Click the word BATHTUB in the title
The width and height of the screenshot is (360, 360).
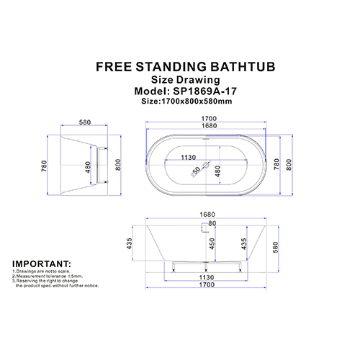coord(243,66)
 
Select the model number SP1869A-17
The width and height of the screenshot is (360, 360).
coord(205,91)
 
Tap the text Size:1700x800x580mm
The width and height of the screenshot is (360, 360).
coord(186,101)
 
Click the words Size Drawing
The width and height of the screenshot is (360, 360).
coord(185,80)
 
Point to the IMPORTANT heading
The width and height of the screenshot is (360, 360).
coord(42,264)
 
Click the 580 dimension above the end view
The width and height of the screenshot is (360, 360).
coord(85,122)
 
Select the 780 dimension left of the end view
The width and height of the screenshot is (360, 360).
coord(44,166)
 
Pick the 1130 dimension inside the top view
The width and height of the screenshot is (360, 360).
coord(189,158)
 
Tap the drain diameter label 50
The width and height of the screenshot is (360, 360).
coord(196,171)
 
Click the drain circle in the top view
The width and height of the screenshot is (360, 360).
coord(206,165)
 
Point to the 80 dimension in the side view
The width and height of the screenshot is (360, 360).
coord(212,223)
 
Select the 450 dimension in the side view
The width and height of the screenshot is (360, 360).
coord(212,243)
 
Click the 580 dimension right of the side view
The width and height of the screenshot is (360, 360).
coord(276,247)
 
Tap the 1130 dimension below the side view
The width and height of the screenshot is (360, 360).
coord(207,277)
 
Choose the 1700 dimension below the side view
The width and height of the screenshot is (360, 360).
coord(207,284)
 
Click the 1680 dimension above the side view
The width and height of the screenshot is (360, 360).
coord(207,215)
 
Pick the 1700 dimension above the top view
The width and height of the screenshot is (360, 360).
coord(209,119)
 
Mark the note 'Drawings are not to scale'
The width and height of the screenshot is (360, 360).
coord(42,271)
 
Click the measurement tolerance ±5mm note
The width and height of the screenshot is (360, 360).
coord(48,276)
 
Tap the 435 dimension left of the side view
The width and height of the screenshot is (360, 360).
coord(129,243)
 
